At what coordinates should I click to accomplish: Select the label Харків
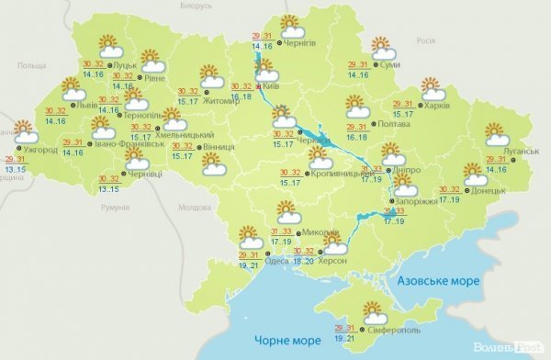pos(438,106)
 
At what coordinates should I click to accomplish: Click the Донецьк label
pos(488,190)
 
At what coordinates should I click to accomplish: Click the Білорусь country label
pos(196,6)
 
